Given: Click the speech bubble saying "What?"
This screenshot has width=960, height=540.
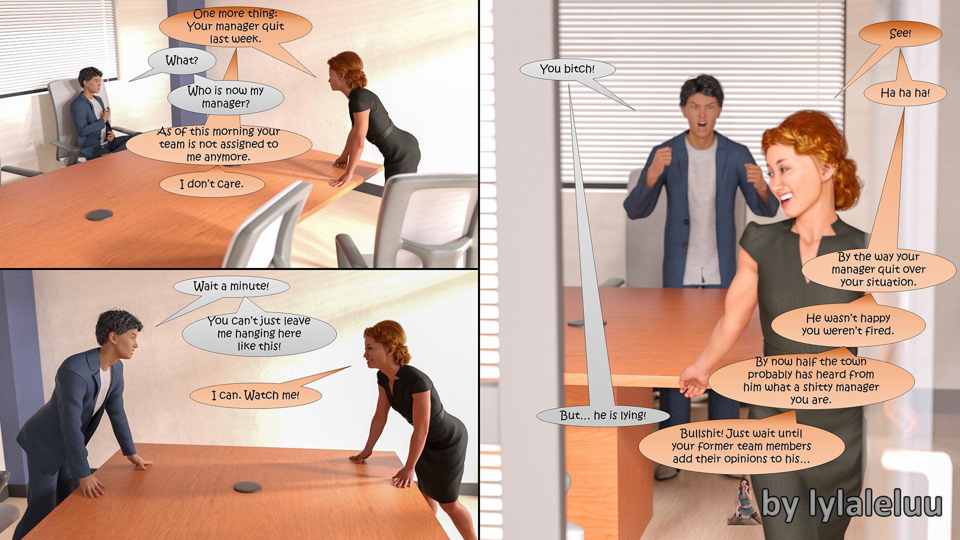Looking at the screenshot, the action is (x=182, y=61).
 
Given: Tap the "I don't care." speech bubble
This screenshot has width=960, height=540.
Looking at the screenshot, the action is (x=212, y=184).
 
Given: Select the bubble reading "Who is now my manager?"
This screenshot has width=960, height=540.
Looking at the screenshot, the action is (x=225, y=97).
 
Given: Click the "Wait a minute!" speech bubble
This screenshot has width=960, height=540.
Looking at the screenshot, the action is (x=231, y=286).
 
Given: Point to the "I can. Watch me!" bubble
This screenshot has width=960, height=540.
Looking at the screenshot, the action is (x=255, y=395).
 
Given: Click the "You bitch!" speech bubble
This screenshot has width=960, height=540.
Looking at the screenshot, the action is (x=567, y=69).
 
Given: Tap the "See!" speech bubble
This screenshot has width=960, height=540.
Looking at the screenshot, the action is (x=900, y=34).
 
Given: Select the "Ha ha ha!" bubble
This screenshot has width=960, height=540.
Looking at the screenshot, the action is (x=905, y=93).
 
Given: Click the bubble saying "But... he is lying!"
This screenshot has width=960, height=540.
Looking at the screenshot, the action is (x=603, y=415).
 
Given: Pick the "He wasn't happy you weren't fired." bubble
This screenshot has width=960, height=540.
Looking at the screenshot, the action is (x=848, y=324).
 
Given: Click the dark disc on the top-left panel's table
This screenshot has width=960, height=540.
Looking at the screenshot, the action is (x=99, y=215).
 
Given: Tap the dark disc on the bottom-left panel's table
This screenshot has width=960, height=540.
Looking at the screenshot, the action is (x=247, y=486).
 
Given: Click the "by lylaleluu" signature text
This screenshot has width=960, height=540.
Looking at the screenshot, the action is (x=851, y=504).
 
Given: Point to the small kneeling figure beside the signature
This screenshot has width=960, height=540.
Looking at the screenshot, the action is (x=744, y=501).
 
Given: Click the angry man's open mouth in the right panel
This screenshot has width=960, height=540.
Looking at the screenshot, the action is (x=702, y=124).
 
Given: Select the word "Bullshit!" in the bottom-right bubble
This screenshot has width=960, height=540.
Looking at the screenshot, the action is (x=702, y=433).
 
